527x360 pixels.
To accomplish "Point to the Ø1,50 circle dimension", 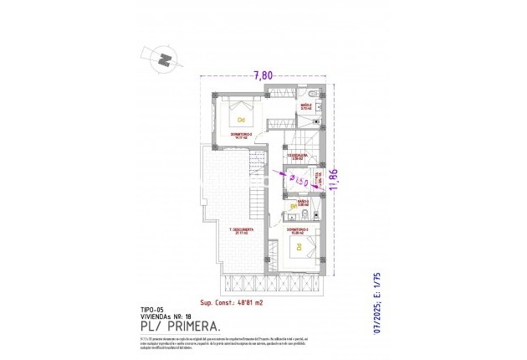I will (x=300, y=181).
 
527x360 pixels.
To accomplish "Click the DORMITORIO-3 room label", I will (x=297, y=230).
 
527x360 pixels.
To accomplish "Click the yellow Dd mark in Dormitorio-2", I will (x=243, y=119).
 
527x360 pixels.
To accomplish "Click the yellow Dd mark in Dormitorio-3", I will (x=296, y=246).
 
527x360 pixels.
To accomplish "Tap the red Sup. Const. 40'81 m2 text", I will (x=231, y=301).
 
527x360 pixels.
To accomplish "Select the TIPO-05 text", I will (x=152, y=310).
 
